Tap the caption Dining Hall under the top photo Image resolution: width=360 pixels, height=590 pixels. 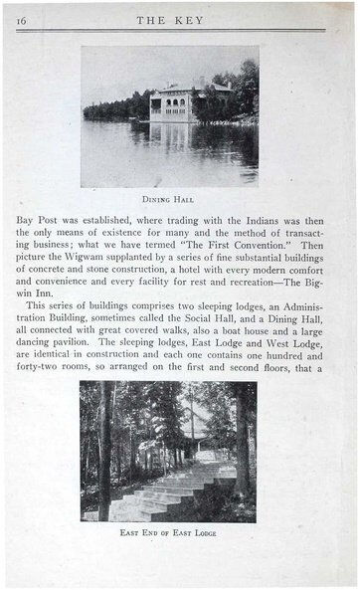pyautogui.click(x=169, y=198)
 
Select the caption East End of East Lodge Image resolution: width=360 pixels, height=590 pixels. pyautogui.click(x=168, y=532)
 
